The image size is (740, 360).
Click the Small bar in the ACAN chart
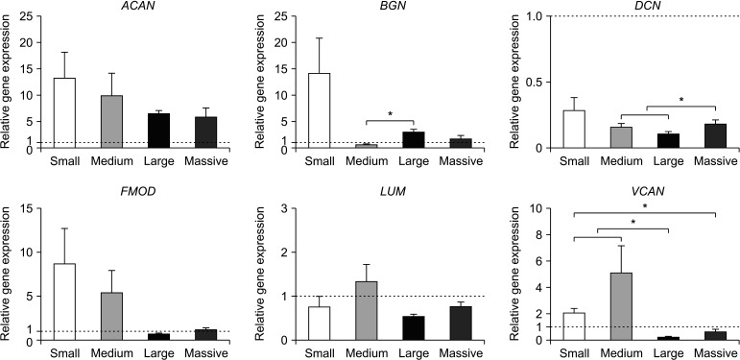click(x=64, y=113)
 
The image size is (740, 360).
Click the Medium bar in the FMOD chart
click(x=111, y=316)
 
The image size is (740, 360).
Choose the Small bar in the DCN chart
click(x=573, y=130)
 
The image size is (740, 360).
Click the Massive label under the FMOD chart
click(x=206, y=352)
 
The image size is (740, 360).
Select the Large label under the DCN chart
click(x=669, y=161)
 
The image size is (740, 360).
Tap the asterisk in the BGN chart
click(x=390, y=114)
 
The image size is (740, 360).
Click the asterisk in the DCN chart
click(x=681, y=100)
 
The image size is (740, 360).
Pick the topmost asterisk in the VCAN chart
click(x=645, y=206)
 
